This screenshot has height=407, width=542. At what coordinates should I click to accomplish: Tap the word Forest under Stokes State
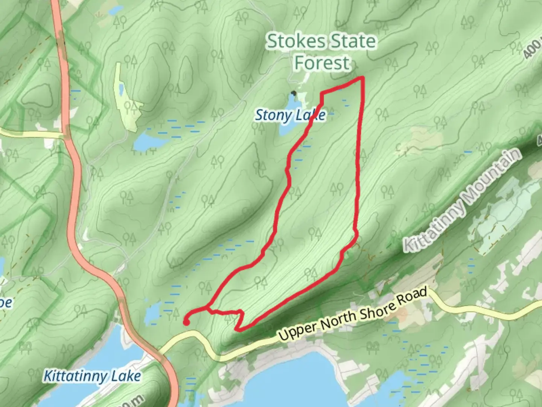tap(322, 63)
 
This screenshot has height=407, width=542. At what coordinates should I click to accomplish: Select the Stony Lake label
tap(290, 115)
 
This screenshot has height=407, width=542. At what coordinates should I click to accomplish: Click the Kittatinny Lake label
tap(92, 376)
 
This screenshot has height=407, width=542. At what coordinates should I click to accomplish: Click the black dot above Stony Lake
tap(294, 93)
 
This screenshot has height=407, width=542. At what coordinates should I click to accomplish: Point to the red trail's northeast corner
tap(363, 78)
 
